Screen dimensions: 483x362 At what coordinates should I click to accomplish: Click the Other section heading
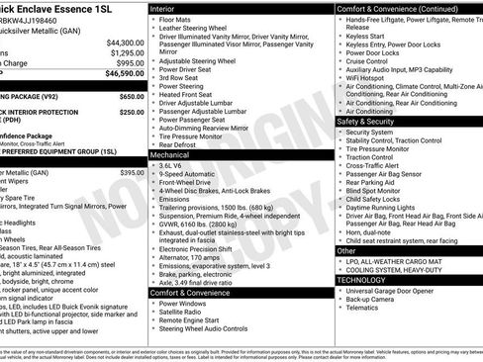pyautogui.click(x=346, y=250)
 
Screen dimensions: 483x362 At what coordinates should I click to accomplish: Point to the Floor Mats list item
pyautogui.click(x=179, y=18)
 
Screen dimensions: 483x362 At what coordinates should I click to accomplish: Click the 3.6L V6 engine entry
pyautogui.click(x=176, y=165)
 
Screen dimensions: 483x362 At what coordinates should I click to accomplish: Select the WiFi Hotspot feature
pyautogui.click(x=370, y=78)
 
